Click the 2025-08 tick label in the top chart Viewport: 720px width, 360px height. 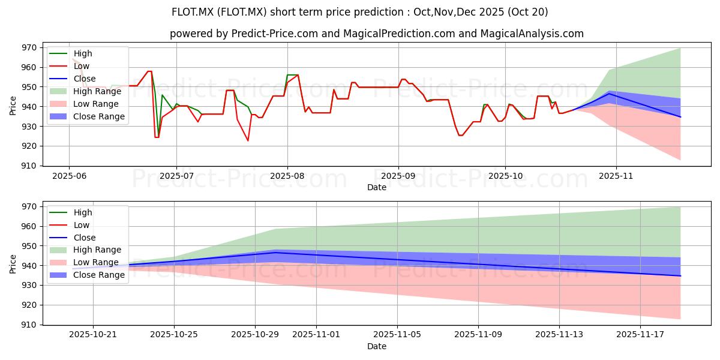click(287, 176)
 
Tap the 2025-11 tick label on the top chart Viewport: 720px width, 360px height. click(616, 176)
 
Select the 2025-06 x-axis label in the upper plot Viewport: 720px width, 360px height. click(69, 176)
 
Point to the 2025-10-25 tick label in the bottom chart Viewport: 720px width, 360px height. click(174, 335)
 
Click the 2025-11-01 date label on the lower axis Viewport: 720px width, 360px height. click(316, 335)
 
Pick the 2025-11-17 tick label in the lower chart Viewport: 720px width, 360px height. click(640, 335)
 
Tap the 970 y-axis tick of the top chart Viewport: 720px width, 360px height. click(29, 48)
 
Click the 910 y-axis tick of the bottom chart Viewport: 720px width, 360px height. click(29, 325)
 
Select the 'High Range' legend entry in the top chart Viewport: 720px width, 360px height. click(85, 91)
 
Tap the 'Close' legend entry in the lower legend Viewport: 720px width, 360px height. click(73, 238)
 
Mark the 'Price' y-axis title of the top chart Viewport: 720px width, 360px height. click(13, 106)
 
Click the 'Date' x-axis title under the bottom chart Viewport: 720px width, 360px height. click(377, 347)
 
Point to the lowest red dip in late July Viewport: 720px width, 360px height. click(248, 140)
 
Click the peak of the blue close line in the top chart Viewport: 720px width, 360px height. click(609, 94)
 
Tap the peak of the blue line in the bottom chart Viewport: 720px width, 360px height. click(275, 253)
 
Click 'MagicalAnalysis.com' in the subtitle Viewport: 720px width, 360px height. click(532, 34)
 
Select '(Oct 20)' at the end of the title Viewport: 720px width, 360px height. click(527, 12)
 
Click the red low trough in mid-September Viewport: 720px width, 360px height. click(461, 136)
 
